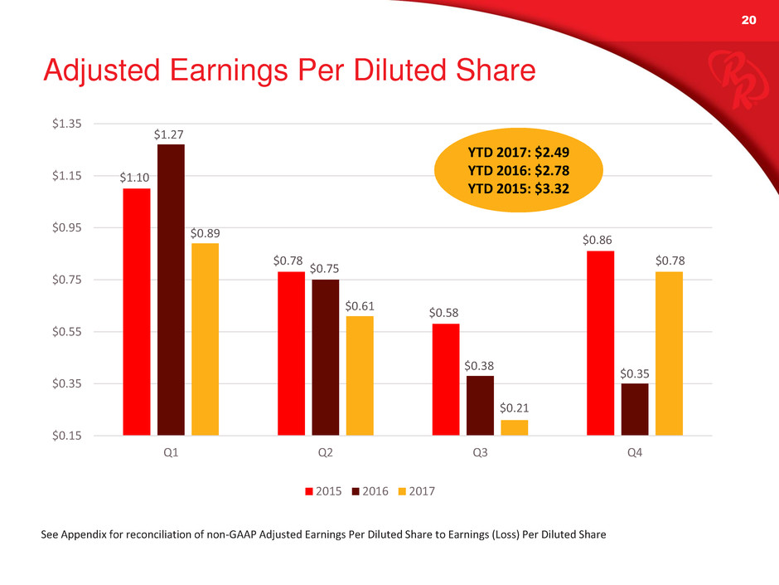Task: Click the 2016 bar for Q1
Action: click(171, 290)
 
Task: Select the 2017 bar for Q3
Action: click(514, 428)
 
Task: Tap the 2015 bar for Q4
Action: click(600, 344)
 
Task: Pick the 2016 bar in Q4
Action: click(635, 409)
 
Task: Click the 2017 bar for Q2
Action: click(360, 376)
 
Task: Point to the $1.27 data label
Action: click(168, 134)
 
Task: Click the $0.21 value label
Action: click(514, 408)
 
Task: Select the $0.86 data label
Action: click(598, 240)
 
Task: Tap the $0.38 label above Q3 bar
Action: click(479, 366)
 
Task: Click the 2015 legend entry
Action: click(323, 491)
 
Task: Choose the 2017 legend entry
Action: click(417, 491)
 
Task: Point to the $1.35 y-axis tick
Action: click(66, 124)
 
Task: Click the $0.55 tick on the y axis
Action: click(66, 331)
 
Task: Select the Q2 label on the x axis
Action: click(326, 452)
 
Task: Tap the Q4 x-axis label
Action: click(635, 452)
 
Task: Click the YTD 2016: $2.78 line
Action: click(518, 171)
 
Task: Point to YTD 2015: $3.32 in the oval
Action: click(518, 189)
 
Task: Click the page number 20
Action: click(748, 20)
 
